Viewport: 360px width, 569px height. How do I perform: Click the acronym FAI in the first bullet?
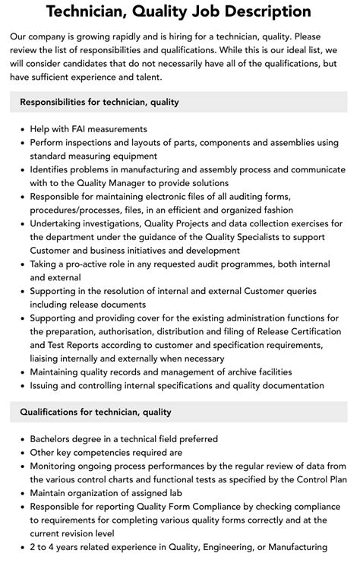click(x=86, y=129)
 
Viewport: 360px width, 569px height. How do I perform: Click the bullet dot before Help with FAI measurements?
click(x=21, y=129)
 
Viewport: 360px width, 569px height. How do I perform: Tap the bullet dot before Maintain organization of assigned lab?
click(x=21, y=492)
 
